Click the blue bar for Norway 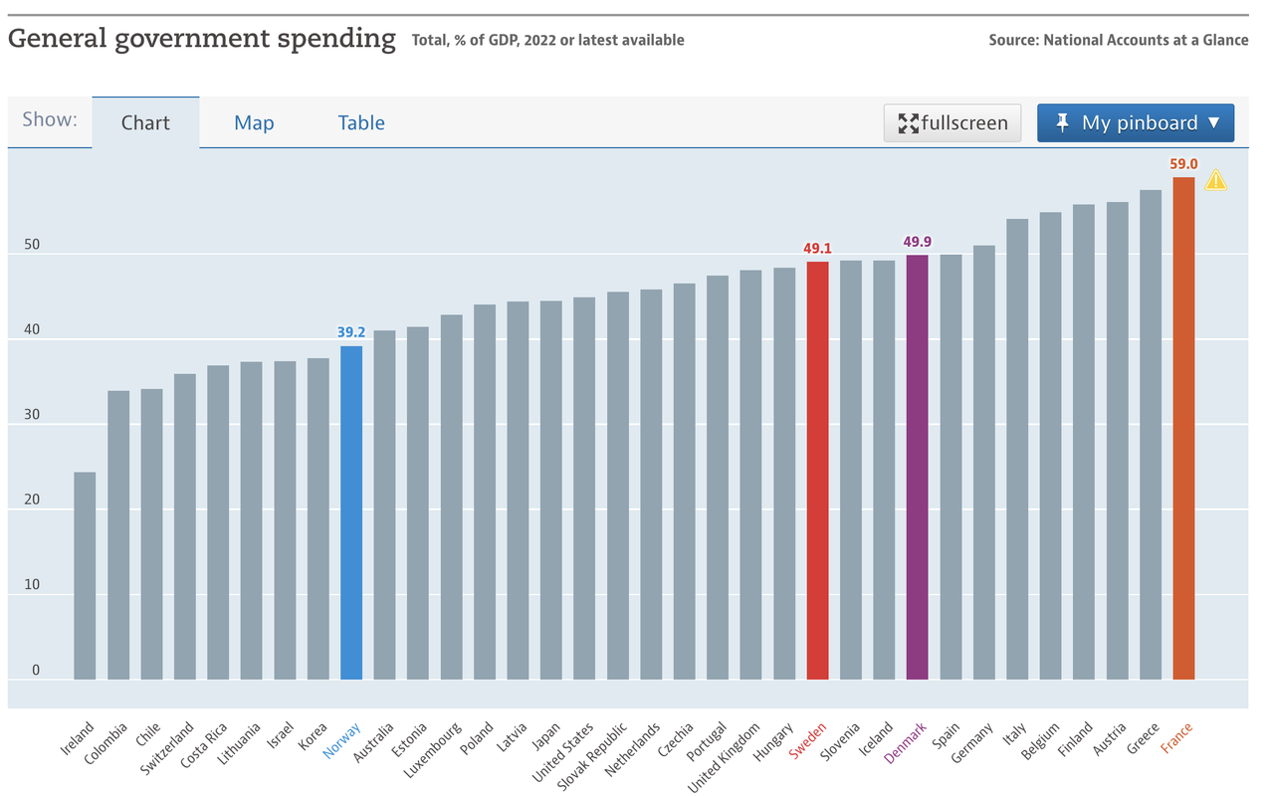pos(351,512)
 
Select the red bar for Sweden pos(817,470)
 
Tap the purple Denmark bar pos(917,468)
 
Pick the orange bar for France pos(1183,428)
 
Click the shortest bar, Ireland pos(85,575)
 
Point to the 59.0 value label pos(1183,164)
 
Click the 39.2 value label pos(351,332)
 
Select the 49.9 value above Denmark pos(917,242)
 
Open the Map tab pos(254,122)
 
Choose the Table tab pos(361,122)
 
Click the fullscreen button pos(952,122)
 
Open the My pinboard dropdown pos(1136,122)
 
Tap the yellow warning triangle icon pos(1215,181)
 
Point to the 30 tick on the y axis pos(32,415)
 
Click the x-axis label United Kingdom pos(724,757)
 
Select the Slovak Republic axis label pos(592,756)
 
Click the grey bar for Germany pos(983,463)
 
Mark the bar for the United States pos(584,489)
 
